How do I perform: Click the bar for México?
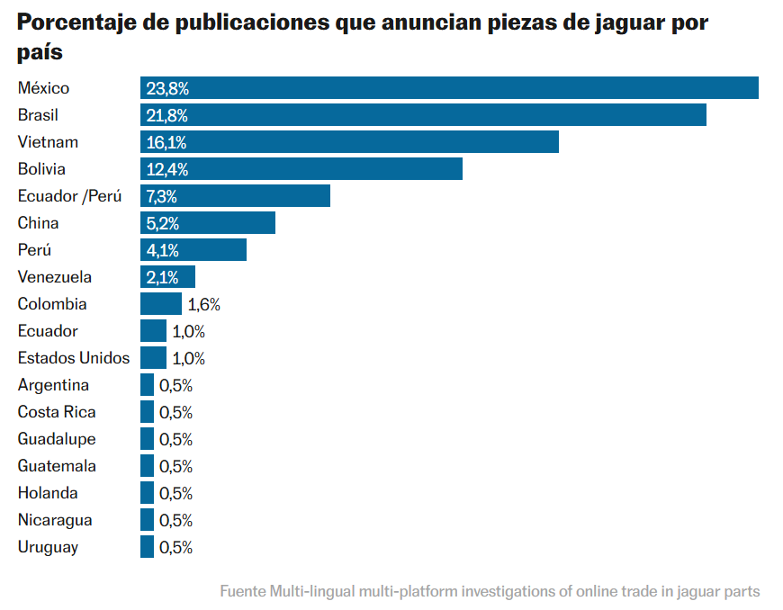(x=449, y=88)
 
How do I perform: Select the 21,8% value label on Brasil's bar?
(x=167, y=115)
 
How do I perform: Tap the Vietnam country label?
(x=48, y=142)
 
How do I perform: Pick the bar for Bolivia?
(x=301, y=169)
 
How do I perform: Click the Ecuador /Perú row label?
(x=69, y=196)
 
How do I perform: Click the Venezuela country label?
(x=55, y=277)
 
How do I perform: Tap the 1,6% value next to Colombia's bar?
(x=203, y=304)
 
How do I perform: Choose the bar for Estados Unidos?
(x=153, y=358)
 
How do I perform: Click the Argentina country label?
(x=53, y=385)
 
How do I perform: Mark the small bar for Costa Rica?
(x=147, y=412)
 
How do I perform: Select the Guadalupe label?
(x=57, y=439)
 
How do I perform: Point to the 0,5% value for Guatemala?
(x=175, y=466)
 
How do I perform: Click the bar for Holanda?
(x=147, y=493)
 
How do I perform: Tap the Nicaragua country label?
(x=55, y=520)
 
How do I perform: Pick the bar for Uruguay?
(x=147, y=547)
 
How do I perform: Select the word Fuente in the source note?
(x=242, y=591)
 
